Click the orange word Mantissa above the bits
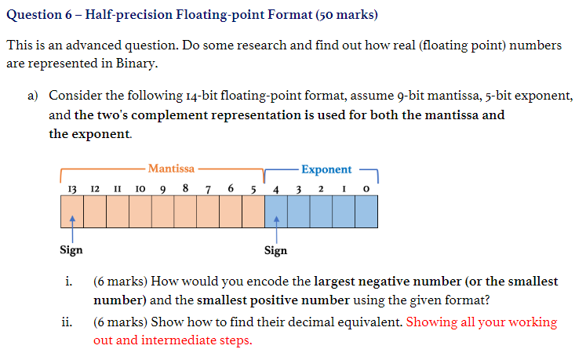(171, 168)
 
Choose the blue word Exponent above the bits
(326, 169)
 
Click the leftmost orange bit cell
(72, 210)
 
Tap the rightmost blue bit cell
(366, 210)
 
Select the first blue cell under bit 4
(276, 210)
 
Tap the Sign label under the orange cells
(71, 250)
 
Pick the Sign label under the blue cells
(275, 250)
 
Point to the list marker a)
(33, 96)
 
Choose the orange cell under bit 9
(163, 210)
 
